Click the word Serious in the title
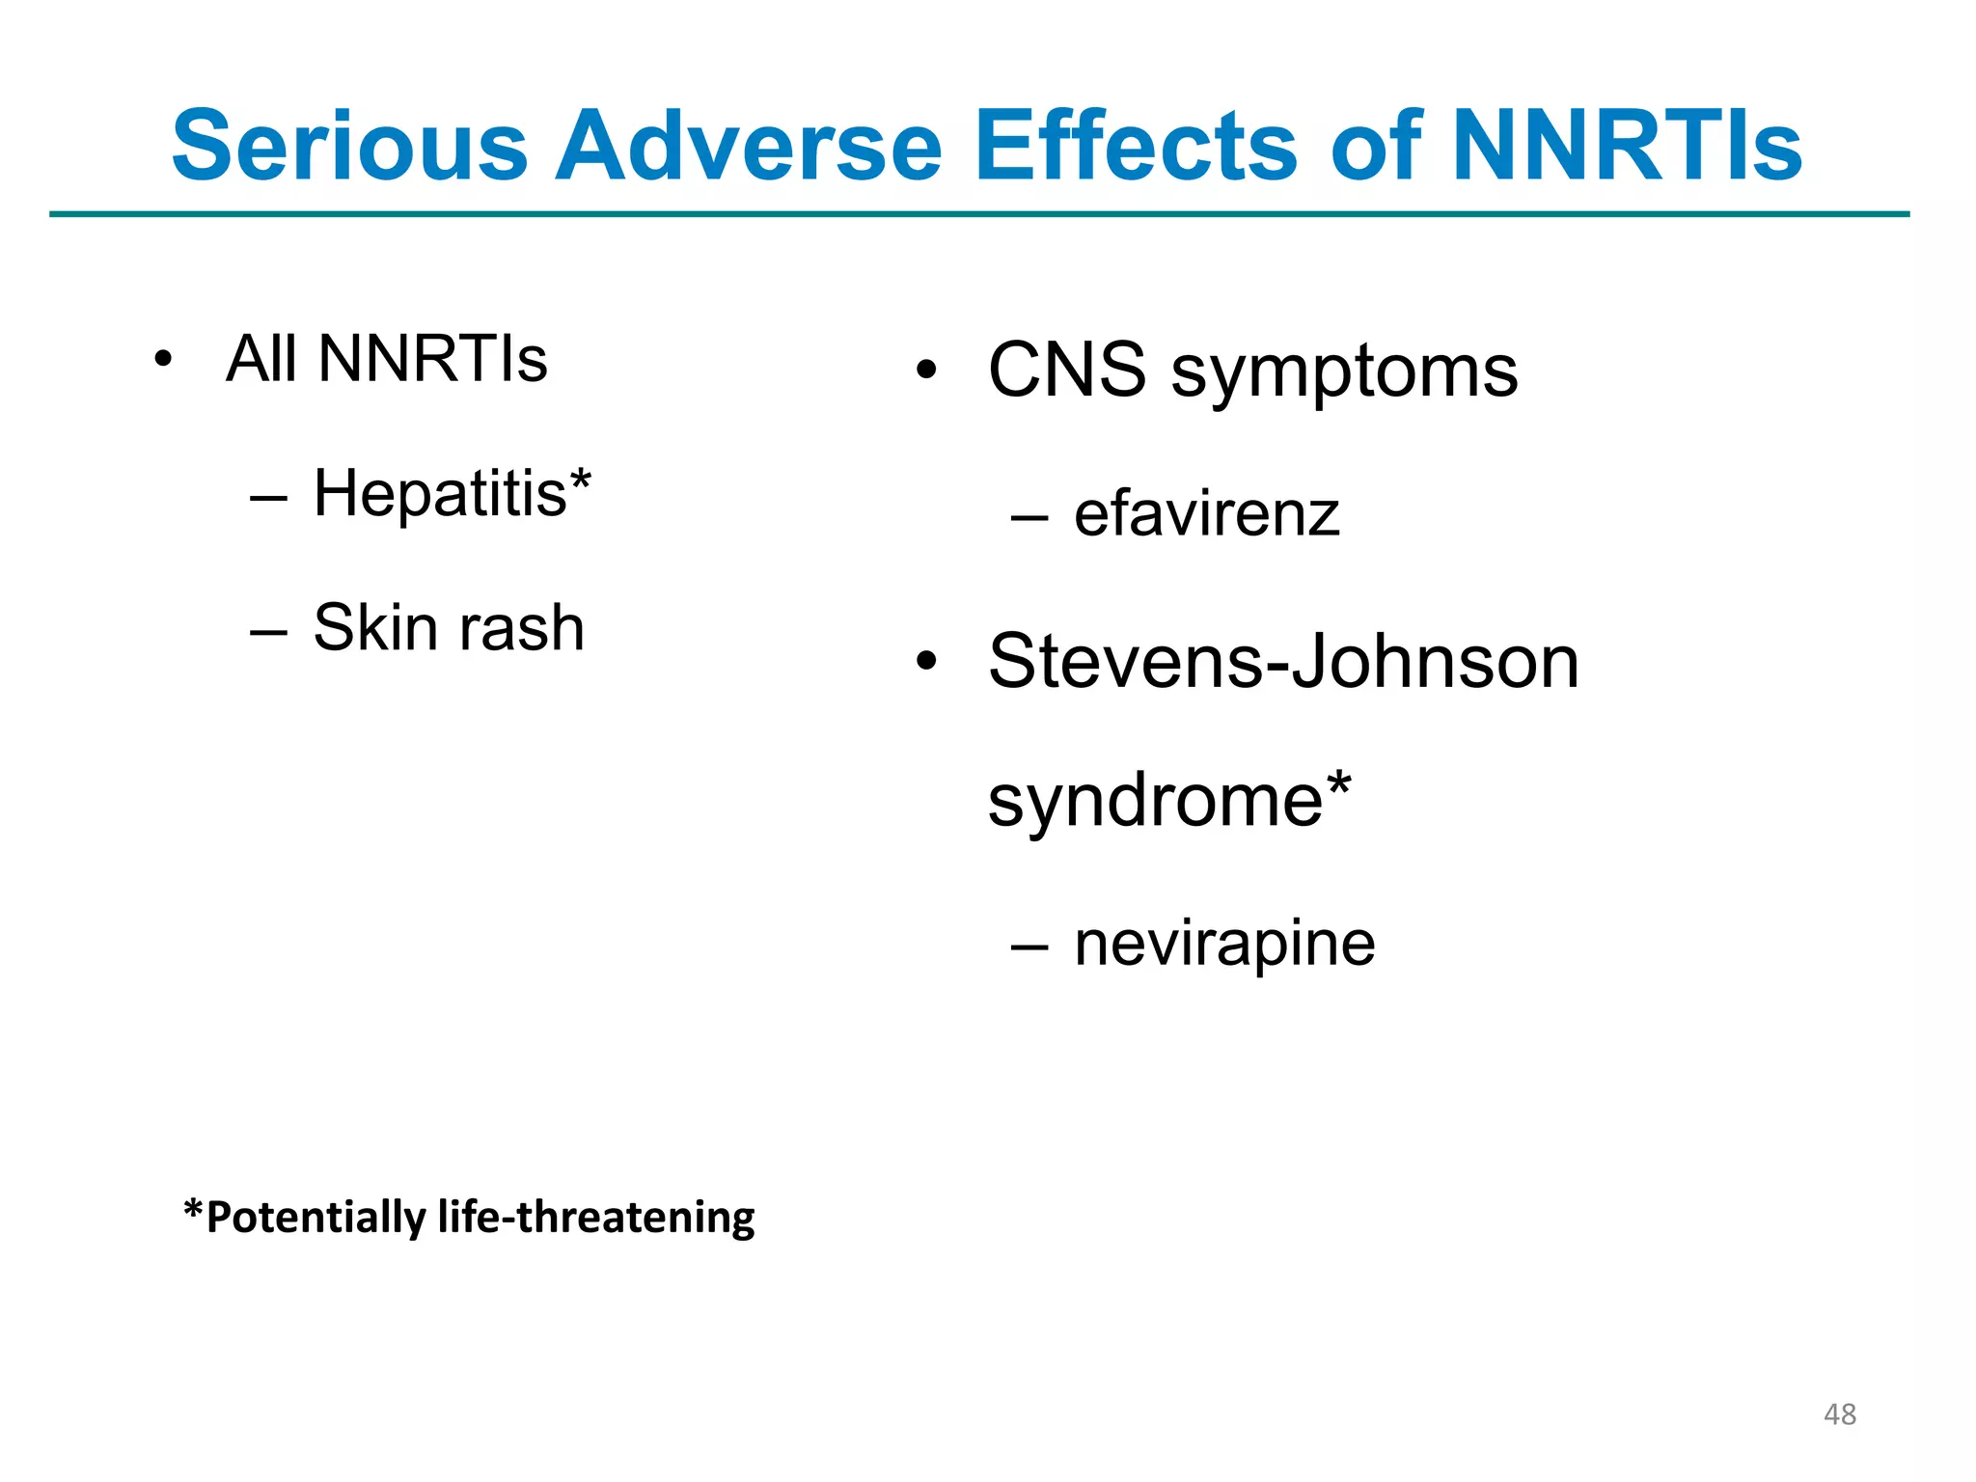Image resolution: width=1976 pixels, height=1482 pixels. (349, 147)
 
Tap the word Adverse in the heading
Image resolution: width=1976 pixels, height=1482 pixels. (748, 147)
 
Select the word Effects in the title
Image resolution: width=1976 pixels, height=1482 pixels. (1136, 147)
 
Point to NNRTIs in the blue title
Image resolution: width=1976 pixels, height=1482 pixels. (1626, 147)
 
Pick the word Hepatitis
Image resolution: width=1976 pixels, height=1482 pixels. (440, 494)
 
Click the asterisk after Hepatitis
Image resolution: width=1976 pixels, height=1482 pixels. (580, 480)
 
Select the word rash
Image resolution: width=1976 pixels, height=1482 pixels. (521, 628)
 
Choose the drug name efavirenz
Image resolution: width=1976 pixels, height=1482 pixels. (1207, 514)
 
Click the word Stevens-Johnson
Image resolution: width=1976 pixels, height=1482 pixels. (1283, 662)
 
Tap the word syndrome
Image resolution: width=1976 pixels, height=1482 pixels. (1155, 802)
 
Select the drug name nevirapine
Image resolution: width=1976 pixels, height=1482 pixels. (1224, 944)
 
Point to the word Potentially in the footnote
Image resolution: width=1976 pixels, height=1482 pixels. (316, 1218)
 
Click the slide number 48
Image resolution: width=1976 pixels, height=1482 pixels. (1839, 1414)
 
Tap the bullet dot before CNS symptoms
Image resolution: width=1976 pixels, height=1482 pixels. (927, 370)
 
